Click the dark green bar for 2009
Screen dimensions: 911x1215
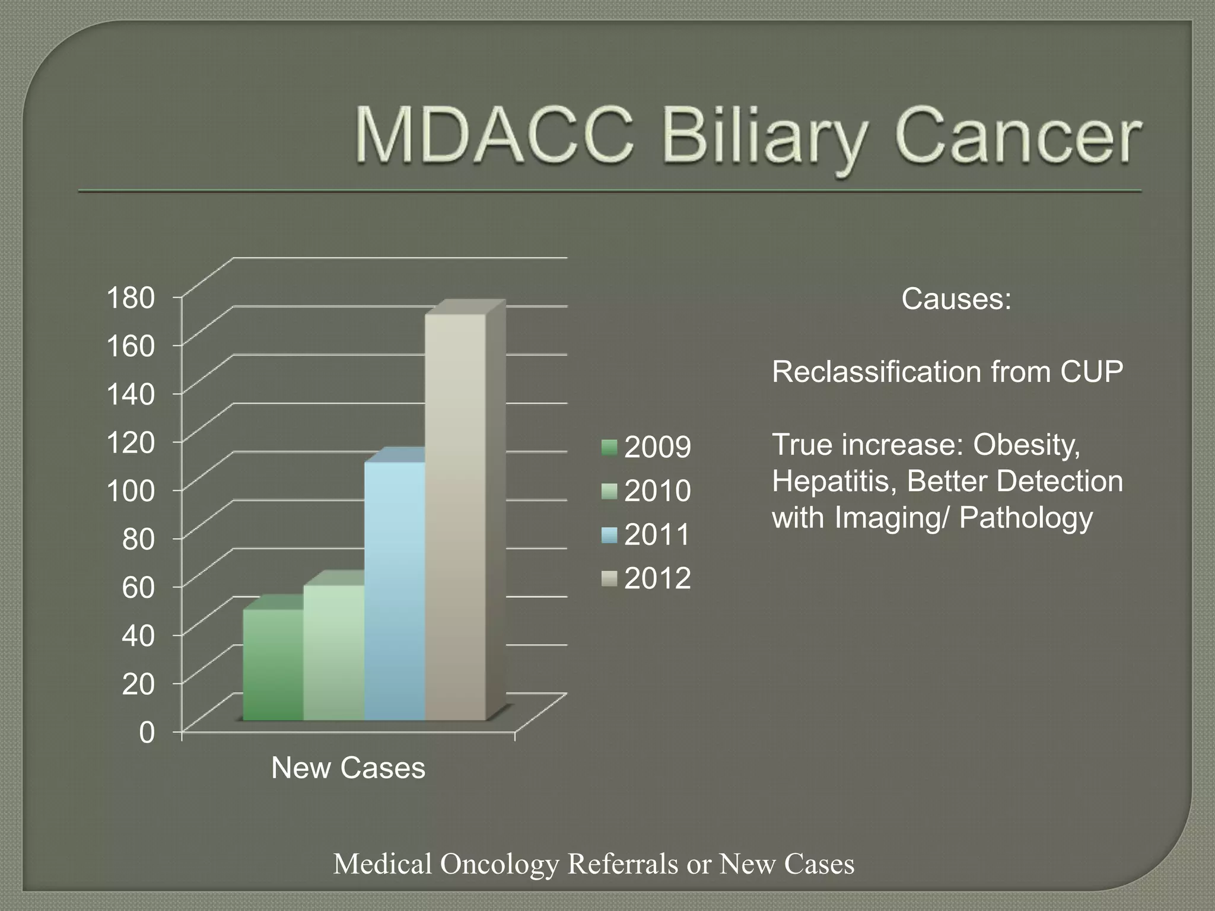(x=273, y=664)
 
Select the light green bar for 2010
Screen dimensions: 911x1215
(x=333, y=652)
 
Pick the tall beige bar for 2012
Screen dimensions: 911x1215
(x=456, y=516)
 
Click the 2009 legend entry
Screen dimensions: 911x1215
(x=647, y=447)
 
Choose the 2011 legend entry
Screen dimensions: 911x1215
(x=647, y=534)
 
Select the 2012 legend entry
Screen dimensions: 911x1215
(x=647, y=578)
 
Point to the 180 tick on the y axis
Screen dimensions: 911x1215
(x=130, y=298)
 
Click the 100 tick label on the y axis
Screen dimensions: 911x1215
(x=130, y=490)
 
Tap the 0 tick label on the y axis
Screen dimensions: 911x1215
(x=147, y=732)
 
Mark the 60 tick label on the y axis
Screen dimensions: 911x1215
(x=138, y=587)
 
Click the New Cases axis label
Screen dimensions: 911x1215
(x=348, y=768)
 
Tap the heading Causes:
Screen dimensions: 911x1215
(x=956, y=298)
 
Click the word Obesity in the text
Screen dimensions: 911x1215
(x=1026, y=445)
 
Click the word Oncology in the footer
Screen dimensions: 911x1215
(x=499, y=864)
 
